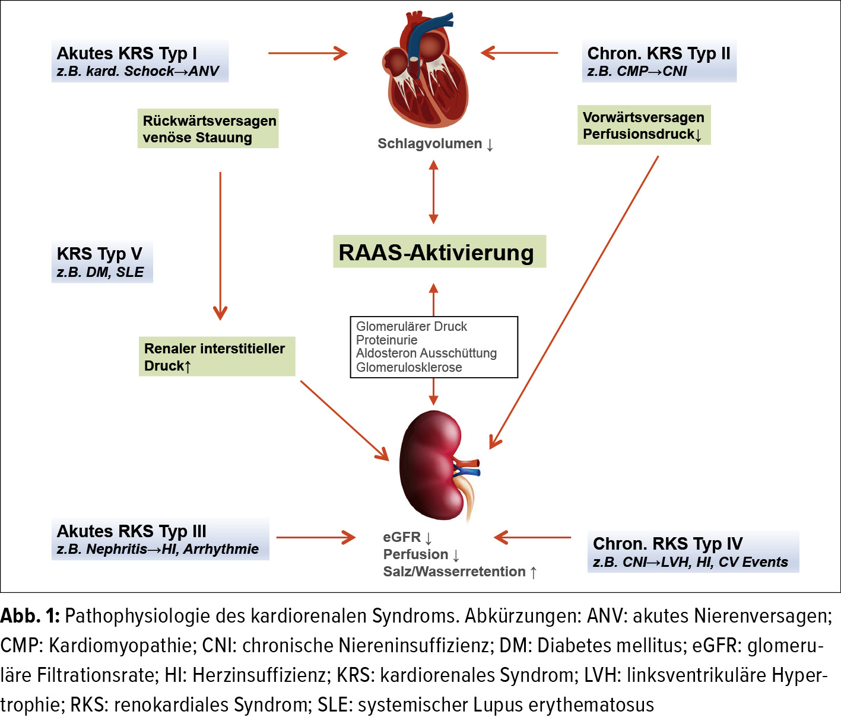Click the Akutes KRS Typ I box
point(139,61)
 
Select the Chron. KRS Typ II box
point(659,61)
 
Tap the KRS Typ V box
point(101,262)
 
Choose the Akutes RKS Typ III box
point(160,539)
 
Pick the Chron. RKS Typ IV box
point(692,552)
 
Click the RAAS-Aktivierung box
point(439,252)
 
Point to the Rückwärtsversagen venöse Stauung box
point(208,129)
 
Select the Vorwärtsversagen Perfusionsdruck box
point(643,125)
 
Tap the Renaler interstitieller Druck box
point(216,356)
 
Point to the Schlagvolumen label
point(435,143)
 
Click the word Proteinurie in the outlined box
point(386,340)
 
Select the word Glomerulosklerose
point(409,367)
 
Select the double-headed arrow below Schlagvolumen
point(433,192)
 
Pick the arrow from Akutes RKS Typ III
point(315,538)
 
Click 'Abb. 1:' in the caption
point(30,615)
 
